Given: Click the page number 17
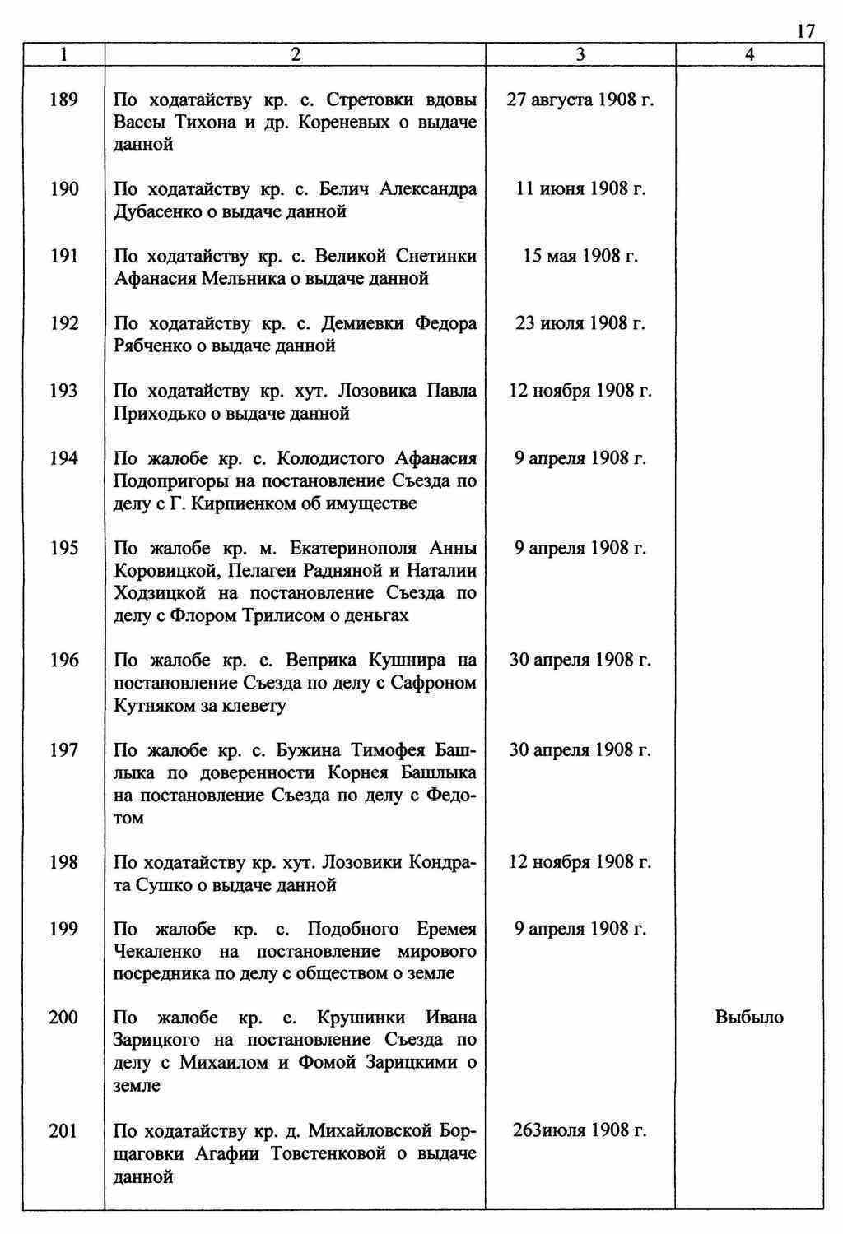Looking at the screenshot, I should [804, 31].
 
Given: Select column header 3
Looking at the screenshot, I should [580, 54].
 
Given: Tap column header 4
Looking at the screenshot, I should [749, 54].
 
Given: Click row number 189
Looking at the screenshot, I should [63, 100].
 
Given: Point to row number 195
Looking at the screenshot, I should [63, 548].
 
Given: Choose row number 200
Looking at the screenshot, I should [63, 1018].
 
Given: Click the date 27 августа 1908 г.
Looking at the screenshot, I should [580, 100].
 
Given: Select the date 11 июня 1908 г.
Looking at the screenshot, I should [580, 189].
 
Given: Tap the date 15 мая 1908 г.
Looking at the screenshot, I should [580, 256].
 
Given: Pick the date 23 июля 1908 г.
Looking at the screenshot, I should [580, 323].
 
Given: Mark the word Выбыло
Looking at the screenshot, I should [749, 1018].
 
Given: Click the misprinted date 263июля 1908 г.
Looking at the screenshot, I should [580, 1130].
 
